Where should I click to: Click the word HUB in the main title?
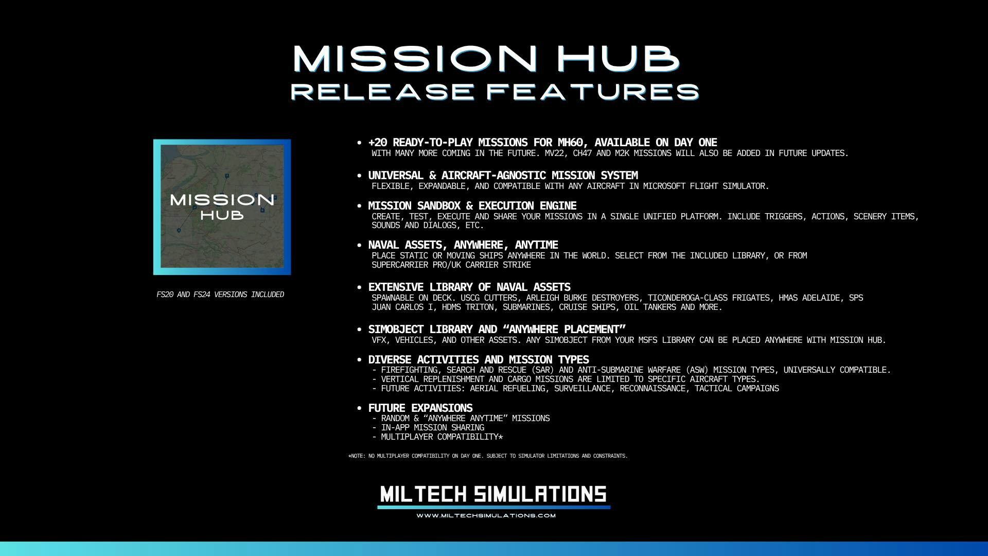618,58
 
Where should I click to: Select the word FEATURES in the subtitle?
593,92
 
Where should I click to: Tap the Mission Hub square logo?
222,207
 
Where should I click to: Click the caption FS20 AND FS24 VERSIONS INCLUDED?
220,294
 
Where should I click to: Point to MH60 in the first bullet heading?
570,143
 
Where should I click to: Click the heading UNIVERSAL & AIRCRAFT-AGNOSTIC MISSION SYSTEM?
503,176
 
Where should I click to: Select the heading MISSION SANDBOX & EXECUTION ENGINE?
472,206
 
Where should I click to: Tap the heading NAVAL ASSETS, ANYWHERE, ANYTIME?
463,245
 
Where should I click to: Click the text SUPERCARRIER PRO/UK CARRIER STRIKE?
451,265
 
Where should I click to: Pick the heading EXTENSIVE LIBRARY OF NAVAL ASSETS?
469,287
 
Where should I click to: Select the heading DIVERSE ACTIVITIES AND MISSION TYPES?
479,360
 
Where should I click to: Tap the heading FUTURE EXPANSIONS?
420,408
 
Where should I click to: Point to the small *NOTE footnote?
488,456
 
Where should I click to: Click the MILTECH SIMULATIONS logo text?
493,494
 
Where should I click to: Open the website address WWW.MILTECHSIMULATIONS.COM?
486,515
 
